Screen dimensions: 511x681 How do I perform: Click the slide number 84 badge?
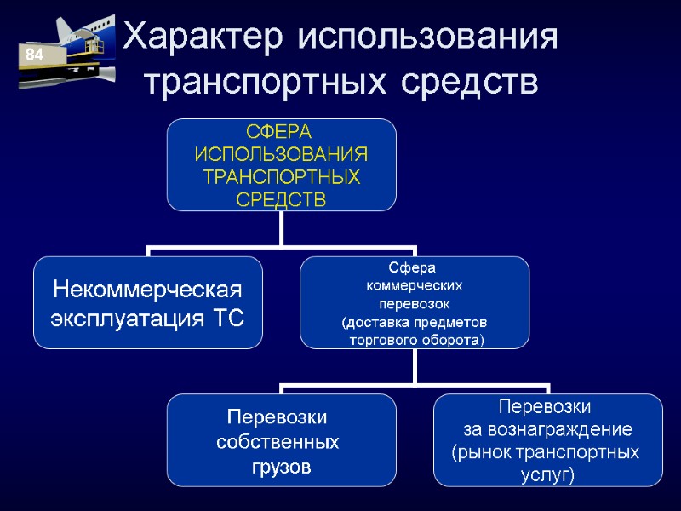click(35, 55)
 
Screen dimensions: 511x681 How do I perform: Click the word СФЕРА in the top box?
click(280, 134)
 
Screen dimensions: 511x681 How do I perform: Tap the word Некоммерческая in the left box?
click(148, 290)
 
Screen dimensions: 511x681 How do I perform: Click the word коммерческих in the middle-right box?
click(414, 285)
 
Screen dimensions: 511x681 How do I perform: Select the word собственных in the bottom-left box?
click(278, 443)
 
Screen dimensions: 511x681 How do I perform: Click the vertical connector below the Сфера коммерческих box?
click(415, 366)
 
